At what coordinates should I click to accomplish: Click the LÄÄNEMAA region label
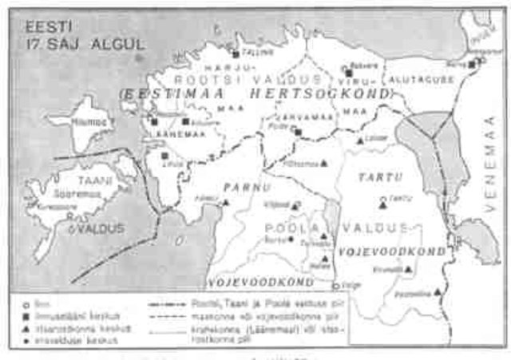[x=164, y=135]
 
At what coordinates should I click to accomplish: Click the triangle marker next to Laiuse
[x=359, y=141]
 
